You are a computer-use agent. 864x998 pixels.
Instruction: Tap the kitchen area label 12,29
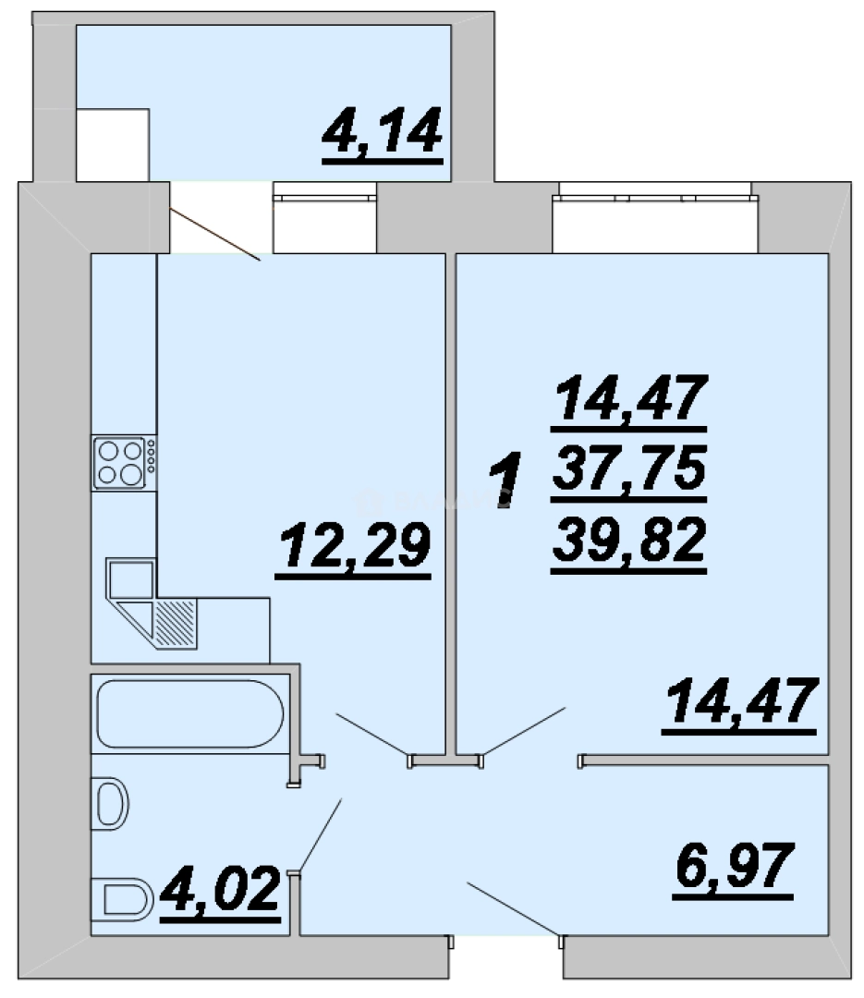355,545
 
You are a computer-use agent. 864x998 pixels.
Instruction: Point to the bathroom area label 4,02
220,888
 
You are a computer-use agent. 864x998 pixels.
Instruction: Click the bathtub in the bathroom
189,713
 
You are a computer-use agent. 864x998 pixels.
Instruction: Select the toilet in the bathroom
123,900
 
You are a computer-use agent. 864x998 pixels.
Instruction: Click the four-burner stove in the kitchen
124,463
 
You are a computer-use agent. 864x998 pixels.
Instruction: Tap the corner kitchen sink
131,589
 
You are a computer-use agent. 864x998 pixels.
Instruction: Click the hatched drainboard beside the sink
175,623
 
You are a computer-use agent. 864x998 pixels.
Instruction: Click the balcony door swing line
215,235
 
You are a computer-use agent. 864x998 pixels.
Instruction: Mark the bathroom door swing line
321,835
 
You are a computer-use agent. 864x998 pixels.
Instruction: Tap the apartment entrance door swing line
514,909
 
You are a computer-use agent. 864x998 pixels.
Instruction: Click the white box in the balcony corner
113,145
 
